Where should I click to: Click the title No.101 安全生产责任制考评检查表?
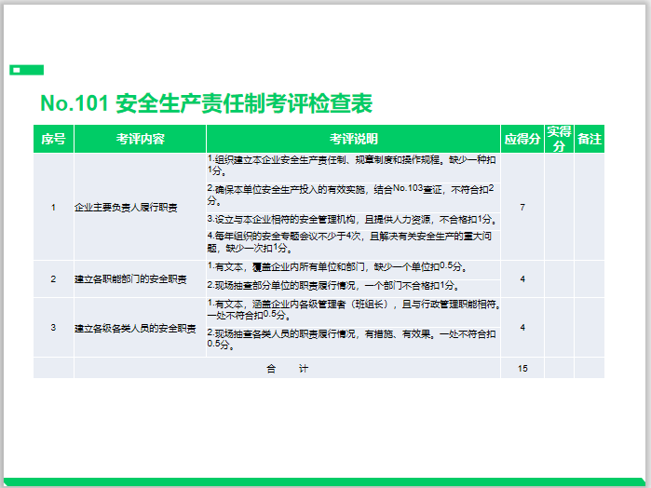coord(206,103)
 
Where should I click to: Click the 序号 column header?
coord(53,140)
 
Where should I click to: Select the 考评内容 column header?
coord(140,140)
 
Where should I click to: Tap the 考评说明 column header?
coord(353,140)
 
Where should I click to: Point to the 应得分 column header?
coord(522,140)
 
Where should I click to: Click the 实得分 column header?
coord(559,139)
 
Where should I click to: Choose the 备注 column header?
coord(589,140)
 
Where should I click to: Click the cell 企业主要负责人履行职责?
coord(126,207)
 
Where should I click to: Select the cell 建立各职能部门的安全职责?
coord(130,279)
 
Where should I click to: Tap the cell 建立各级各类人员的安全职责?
coord(135,328)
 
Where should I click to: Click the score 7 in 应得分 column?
coord(522,207)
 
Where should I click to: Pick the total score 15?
coord(522,369)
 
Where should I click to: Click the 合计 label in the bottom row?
coord(287,369)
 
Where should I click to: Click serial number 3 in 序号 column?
coord(53,328)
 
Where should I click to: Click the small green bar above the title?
coord(26,70)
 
